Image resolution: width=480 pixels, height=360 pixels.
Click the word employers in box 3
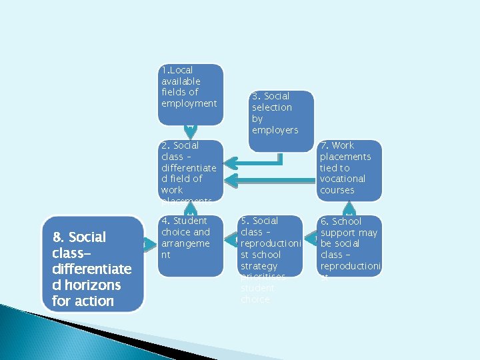click(x=275, y=130)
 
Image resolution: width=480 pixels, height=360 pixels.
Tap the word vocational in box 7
click(x=342, y=179)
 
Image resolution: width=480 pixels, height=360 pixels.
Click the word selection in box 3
click(x=272, y=107)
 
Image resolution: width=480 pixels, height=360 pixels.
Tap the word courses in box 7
click(x=337, y=190)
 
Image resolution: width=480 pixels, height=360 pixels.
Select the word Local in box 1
click(x=181, y=70)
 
